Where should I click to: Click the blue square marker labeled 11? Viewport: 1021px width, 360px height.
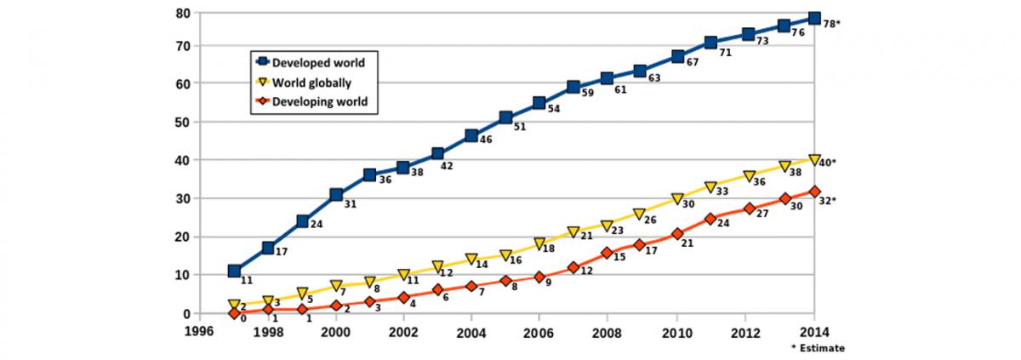(234, 271)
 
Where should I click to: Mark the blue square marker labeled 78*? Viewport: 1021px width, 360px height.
(814, 18)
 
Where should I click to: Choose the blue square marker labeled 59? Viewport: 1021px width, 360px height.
(573, 87)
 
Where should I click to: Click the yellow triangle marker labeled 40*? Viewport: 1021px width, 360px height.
(814, 160)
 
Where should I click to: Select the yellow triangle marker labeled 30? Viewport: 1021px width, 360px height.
(677, 198)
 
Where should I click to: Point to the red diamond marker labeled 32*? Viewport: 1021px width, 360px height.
(814, 191)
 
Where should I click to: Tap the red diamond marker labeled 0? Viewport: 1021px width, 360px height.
(234, 313)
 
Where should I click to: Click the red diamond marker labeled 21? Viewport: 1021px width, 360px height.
(677, 233)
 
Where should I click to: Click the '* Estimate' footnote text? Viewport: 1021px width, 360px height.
(817, 348)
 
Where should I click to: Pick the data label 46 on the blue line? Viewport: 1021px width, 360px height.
(486, 140)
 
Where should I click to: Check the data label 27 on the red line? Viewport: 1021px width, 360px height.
(761, 215)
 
